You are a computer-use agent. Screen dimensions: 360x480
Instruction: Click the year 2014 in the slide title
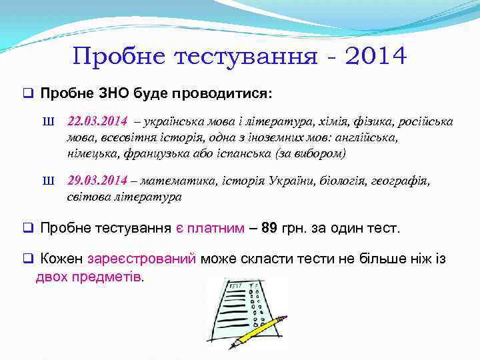pyautogui.click(x=374, y=55)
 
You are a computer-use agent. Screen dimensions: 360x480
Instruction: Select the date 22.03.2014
pyautogui.click(x=97, y=121)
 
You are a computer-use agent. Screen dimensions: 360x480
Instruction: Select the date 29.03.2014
pyautogui.click(x=97, y=181)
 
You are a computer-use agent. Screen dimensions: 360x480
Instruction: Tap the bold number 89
pyautogui.click(x=269, y=228)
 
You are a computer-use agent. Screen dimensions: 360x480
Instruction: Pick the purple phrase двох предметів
pyautogui.click(x=89, y=276)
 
